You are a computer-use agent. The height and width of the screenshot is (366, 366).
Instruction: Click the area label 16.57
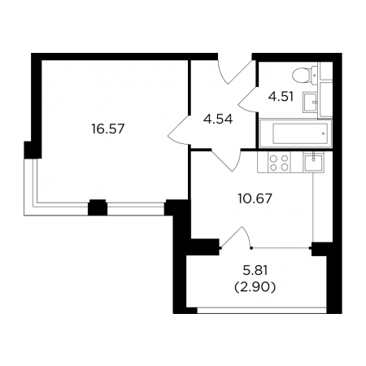click(108, 129)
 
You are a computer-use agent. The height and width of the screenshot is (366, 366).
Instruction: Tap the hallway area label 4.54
click(218, 119)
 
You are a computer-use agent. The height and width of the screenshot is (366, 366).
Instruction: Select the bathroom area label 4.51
click(281, 97)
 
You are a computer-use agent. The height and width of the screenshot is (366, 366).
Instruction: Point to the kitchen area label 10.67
click(255, 198)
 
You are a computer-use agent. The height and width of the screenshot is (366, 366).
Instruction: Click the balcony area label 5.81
click(255, 270)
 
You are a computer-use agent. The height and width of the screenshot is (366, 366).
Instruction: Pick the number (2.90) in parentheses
click(255, 287)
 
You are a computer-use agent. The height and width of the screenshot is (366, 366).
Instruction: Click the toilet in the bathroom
click(305, 75)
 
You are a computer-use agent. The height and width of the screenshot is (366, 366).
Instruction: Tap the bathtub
click(296, 133)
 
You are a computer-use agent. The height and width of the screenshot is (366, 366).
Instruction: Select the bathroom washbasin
click(310, 102)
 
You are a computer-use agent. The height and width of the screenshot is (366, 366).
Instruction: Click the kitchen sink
click(313, 162)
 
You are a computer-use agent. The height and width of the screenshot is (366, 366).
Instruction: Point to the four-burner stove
click(279, 162)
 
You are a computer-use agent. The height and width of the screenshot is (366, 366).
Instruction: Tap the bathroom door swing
click(248, 99)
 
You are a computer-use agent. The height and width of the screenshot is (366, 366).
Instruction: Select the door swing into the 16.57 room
click(179, 131)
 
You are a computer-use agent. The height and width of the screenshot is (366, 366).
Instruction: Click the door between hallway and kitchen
click(226, 160)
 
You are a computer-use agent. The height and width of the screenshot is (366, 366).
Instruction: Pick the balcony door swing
click(236, 237)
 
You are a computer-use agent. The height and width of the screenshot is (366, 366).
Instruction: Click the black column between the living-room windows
click(98, 207)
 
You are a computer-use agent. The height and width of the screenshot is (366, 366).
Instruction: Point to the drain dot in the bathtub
click(323, 133)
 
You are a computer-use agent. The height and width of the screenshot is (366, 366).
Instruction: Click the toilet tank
click(315, 75)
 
